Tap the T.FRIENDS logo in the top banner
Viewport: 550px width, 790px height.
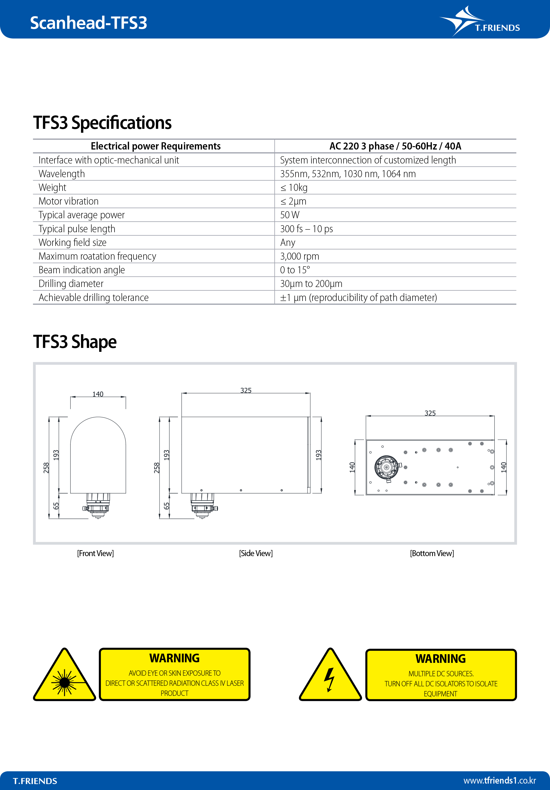(480, 21)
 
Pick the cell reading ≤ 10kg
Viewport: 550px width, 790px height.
(294, 188)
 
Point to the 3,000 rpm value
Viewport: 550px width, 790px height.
(300, 256)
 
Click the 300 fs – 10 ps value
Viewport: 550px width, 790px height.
(306, 229)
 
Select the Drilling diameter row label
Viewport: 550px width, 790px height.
(71, 284)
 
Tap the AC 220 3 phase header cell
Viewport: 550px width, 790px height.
(395, 146)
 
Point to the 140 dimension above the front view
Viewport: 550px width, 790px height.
(98, 394)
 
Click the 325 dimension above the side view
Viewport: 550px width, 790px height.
(246, 390)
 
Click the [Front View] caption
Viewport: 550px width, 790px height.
(95, 553)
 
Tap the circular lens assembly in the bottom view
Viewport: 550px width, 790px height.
(387, 467)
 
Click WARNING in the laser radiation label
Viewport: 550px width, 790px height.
(174, 658)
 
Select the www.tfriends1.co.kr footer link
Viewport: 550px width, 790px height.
(499, 780)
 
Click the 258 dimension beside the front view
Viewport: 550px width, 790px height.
(46, 468)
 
